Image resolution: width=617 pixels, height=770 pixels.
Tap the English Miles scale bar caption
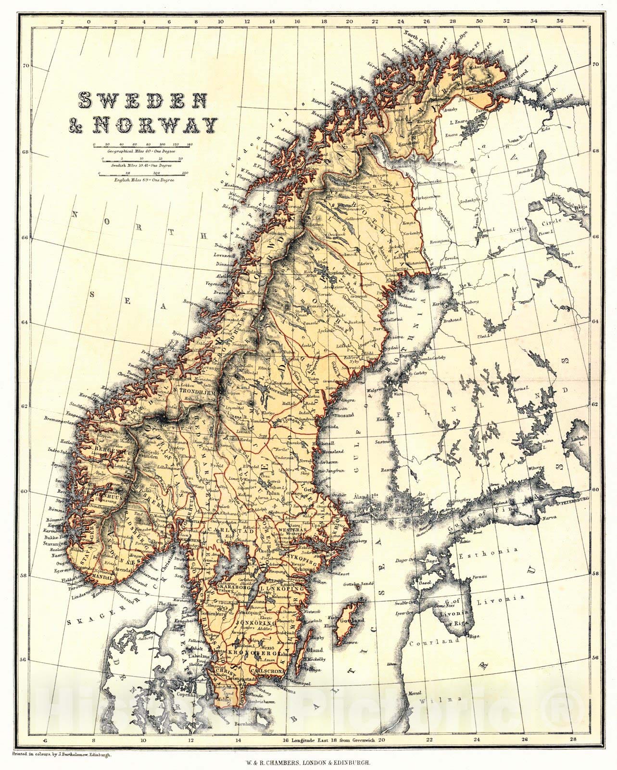(x=144, y=180)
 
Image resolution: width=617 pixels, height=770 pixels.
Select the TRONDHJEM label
(x=191, y=391)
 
